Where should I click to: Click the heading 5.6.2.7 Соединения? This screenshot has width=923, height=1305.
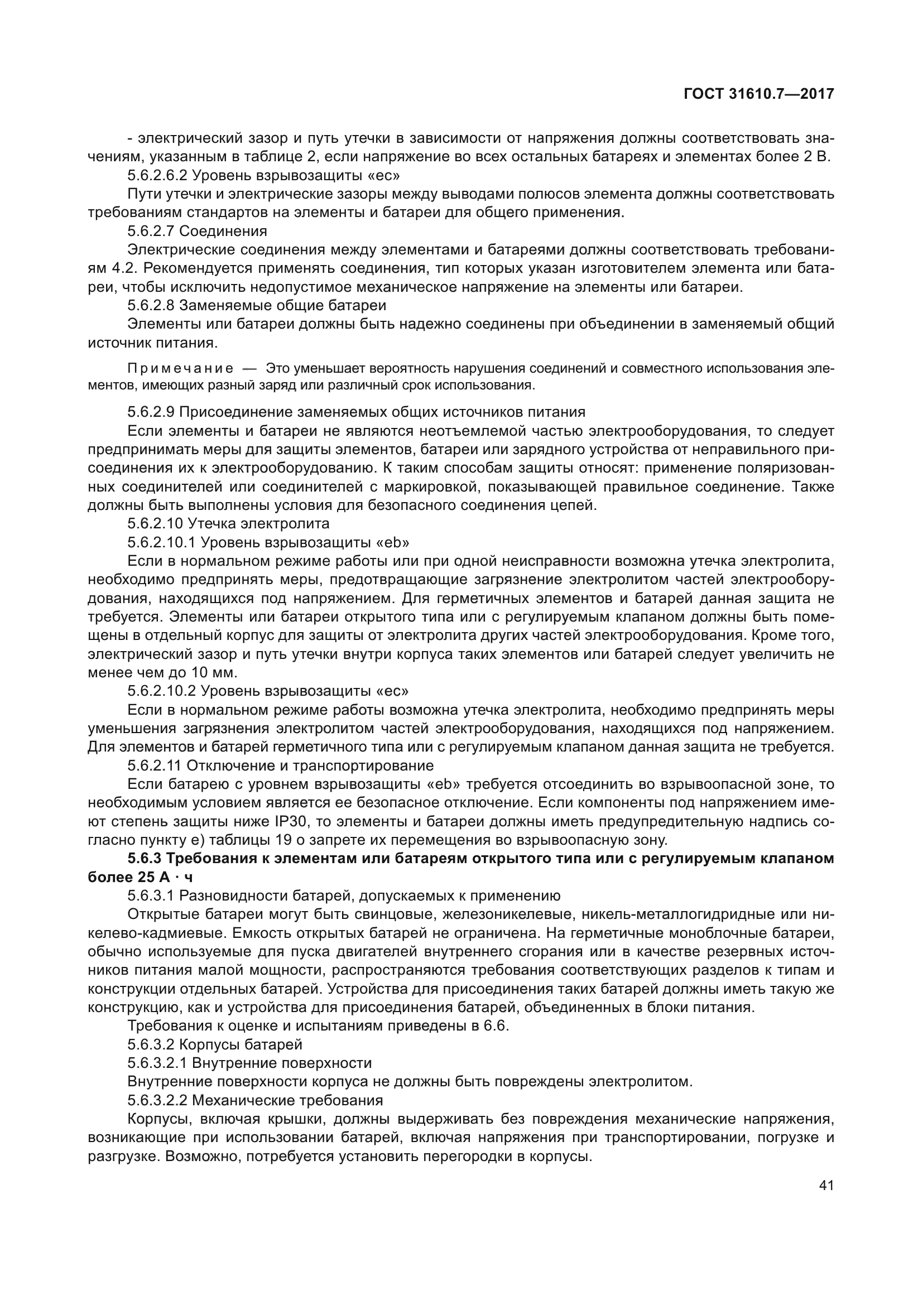pyautogui.click(x=197, y=232)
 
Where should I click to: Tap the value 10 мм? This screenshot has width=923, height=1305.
pyautogui.click(x=213, y=672)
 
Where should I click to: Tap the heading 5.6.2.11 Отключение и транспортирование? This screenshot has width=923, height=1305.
pyautogui.click(x=280, y=765)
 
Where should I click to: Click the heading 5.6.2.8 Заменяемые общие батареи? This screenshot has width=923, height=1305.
pyautogui.click(x=257, y=306)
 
